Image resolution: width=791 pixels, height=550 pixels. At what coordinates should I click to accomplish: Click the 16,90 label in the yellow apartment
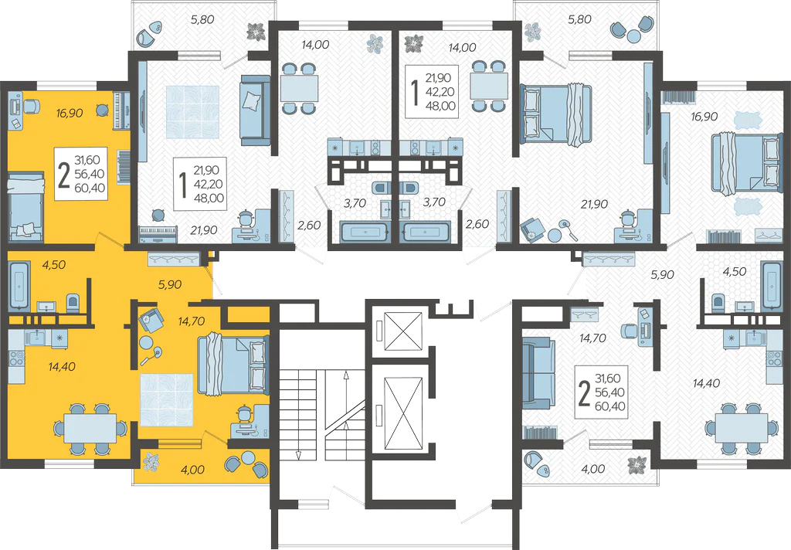[x=70, y=113]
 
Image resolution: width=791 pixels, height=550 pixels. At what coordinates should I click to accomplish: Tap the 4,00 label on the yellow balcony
[x=192, y=470]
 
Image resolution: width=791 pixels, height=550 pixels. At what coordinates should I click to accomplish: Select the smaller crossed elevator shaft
[x=402, y=331]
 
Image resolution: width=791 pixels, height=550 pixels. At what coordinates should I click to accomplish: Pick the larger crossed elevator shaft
[x=402, y=413]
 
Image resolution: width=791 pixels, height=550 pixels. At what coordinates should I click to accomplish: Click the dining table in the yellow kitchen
[x=91, y=429]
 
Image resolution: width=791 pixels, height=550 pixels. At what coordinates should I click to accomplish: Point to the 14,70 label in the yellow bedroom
[x=192, y=321]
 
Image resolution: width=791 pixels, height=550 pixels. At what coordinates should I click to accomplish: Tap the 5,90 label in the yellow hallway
[x=169, y=285]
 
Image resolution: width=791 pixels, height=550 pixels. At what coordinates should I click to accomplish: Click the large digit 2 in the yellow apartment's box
[x=63, y=175]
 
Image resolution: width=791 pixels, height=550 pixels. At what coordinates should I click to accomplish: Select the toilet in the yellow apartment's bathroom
[x=73, y=304]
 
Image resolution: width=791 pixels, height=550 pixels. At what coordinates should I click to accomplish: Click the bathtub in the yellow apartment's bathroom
[x=19, y=284]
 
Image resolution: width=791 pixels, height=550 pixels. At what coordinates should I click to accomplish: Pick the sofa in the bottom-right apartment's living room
[x=538, y=373]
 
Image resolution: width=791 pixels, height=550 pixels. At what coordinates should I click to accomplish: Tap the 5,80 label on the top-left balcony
[x=202, y=20]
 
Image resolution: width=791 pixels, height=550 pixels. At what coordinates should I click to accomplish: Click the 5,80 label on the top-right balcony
[x=579, y=19]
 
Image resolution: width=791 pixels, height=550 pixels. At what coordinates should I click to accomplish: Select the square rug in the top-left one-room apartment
[x=192, y=111]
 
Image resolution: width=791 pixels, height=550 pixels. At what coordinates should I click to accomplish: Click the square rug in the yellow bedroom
[x=167, y=400]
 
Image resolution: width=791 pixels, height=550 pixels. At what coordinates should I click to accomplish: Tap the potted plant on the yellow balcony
[x=151, y=462]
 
